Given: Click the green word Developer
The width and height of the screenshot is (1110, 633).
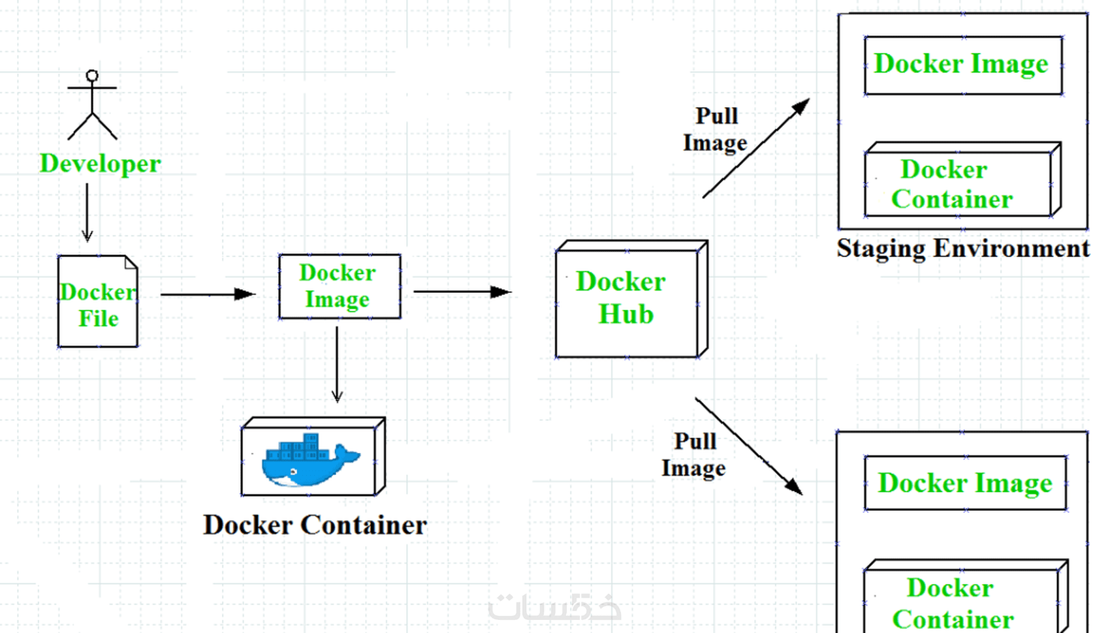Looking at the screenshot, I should (100, 163).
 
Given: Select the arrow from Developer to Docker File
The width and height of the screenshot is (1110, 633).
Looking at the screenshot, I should (87, 212).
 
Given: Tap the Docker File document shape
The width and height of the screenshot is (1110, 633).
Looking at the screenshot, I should (98, 301).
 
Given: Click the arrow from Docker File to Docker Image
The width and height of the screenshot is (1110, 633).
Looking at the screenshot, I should (207, 294).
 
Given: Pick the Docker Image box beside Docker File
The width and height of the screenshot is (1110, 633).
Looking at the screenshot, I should (340, 286).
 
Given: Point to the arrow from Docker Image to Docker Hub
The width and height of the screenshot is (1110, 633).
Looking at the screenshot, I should (462, 292).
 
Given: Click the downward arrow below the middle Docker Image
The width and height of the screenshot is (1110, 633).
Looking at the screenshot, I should (337, 364).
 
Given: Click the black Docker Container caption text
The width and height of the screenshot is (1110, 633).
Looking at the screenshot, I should (315, 525).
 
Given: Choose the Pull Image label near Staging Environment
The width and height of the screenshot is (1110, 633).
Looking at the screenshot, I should (716, 129).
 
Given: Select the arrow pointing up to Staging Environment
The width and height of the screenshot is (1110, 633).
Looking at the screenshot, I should (756, 148).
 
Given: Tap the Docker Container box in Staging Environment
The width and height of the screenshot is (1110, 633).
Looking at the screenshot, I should (959, 183).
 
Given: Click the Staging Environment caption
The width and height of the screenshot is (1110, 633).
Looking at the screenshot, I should (963, 249).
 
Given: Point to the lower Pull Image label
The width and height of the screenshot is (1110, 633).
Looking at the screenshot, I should (694, 454).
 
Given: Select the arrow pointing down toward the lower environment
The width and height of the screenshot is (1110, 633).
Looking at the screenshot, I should (748, 446).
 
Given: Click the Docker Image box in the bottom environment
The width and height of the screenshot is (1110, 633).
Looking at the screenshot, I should (965, 484).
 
